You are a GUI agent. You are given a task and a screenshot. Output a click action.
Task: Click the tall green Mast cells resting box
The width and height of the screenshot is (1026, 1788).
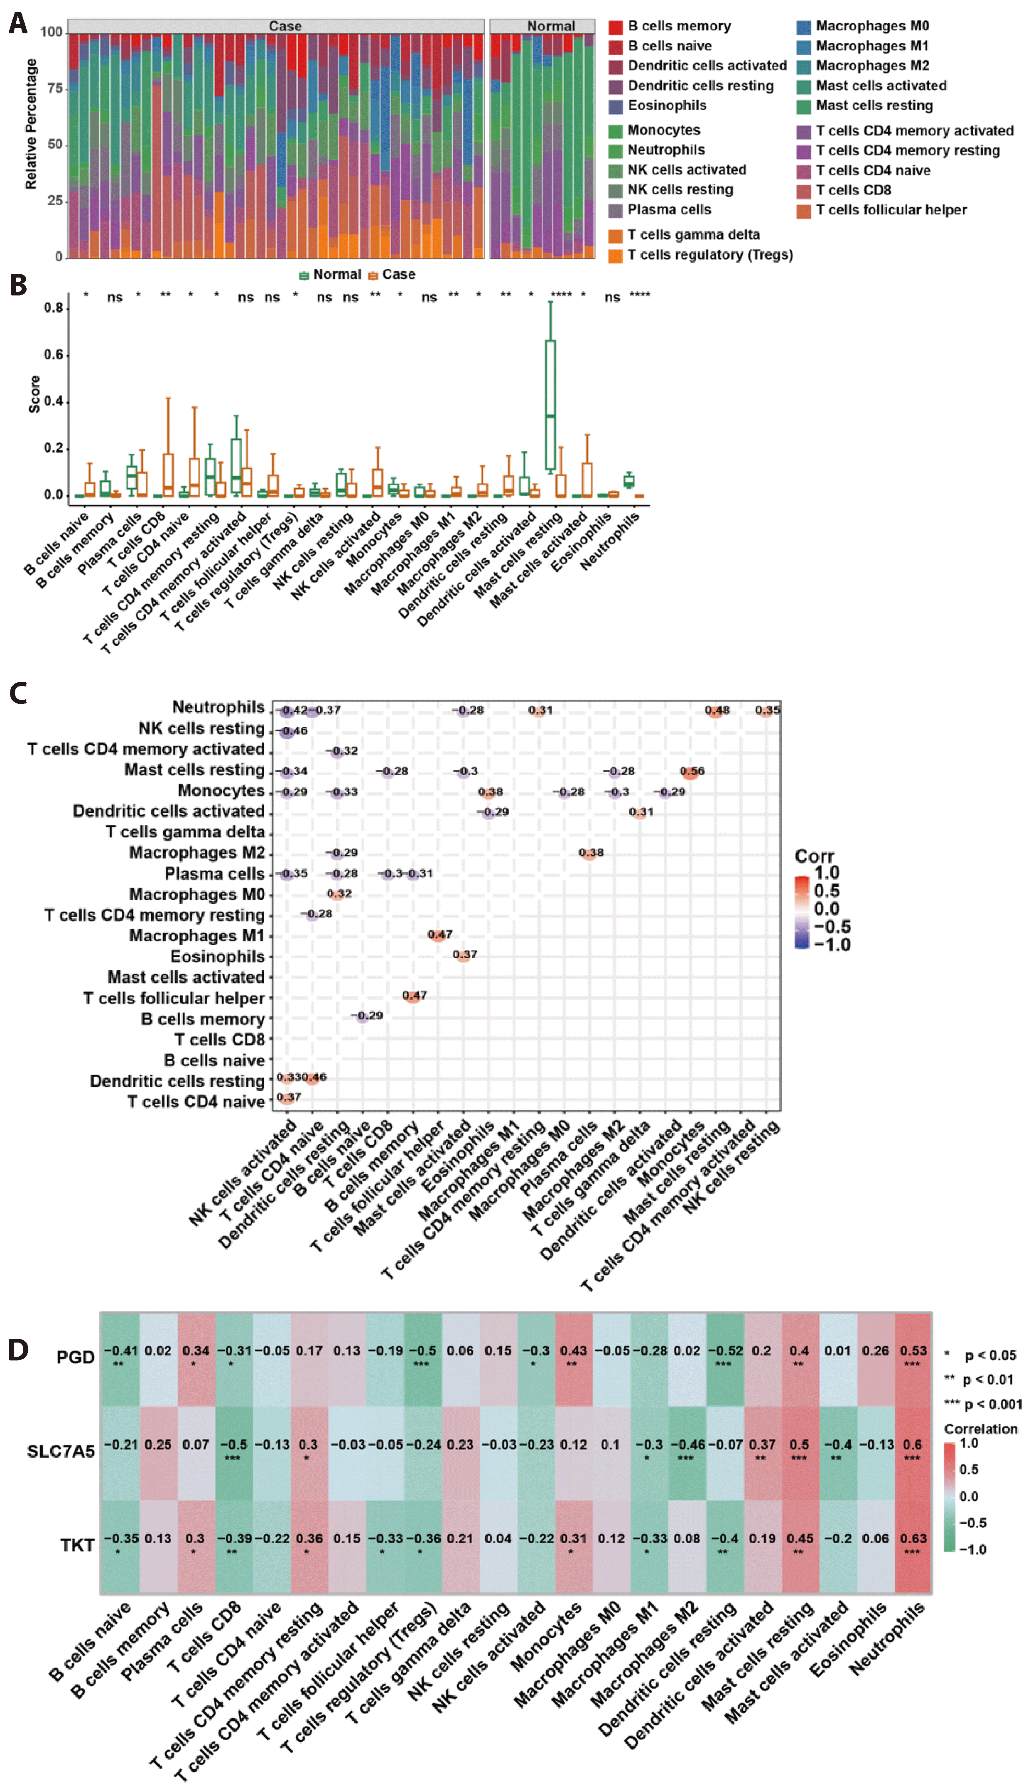tap(550, 405)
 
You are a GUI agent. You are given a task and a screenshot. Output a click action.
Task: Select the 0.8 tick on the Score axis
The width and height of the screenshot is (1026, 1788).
tap(54, 308)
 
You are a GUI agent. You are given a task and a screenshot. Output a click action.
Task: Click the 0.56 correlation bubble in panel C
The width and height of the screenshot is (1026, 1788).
tap(692, 772)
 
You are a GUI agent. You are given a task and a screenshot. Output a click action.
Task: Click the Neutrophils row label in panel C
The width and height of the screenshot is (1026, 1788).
tap(218, 707)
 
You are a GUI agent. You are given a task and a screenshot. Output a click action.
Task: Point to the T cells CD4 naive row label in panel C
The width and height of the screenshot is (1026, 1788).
tap(196, 1102)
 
